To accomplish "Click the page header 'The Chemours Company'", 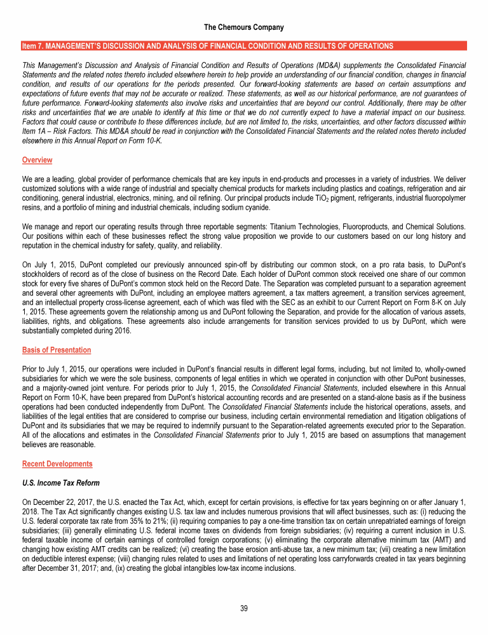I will (x=244, y=27).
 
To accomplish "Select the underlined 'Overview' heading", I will (x=37, y=160).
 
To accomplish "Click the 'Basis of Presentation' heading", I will (x=56, y=350).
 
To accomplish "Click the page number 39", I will (x=244, y=608).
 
